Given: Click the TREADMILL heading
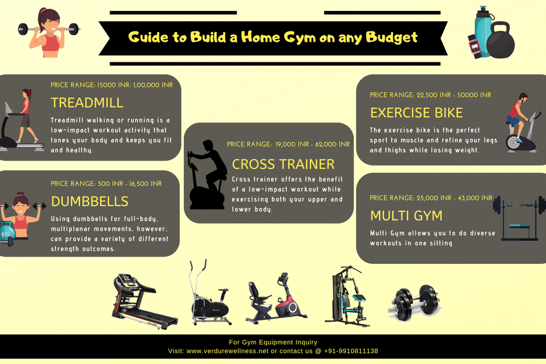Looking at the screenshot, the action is [x=87, y=103].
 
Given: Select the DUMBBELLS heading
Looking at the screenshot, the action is [x=90, y=202].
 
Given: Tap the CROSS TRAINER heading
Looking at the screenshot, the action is [x=283, y=164].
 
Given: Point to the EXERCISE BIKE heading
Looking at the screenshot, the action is [x=416, y=113].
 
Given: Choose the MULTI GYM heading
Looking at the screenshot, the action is [x=406, y=216].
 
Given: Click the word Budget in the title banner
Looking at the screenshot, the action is [x=392, y=38].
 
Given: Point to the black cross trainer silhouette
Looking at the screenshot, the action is [x=207, y=175].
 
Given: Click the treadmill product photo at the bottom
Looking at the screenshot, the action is [x=144, y=302].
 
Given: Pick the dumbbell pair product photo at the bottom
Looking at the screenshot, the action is [x=415, y=303].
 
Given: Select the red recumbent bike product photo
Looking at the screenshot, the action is [x=277, y=298].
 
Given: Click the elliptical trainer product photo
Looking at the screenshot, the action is [x=210, y=292].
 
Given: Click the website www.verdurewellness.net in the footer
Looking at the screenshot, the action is [x=227, y=351].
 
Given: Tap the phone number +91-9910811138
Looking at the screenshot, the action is [x=351, y=351].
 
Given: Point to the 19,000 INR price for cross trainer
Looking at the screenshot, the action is [x=292, y=144].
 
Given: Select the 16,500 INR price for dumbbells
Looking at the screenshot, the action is [x=145, y=184].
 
